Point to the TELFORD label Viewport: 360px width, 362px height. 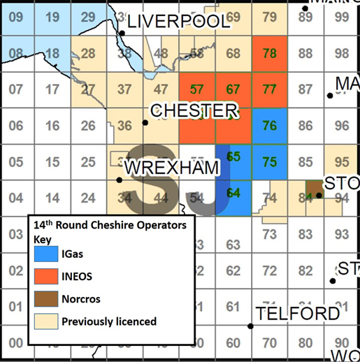pos(298,314)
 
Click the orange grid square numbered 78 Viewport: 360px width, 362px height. pos(269,53)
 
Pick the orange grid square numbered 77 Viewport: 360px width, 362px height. pos(269,89)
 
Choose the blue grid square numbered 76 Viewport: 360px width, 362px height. pos(269,125)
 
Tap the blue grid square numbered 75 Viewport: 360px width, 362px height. pos(269,161)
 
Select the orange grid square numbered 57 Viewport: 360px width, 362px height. pos(197,89)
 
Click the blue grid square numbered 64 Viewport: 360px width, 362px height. pos(233,192)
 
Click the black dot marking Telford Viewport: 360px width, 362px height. pos(251,326)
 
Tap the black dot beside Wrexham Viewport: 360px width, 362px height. pos(120,180)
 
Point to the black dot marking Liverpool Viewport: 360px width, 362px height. pos(122,32)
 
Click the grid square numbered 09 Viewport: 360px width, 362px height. pos(16,17)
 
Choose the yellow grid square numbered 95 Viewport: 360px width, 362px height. pos(342,161)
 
